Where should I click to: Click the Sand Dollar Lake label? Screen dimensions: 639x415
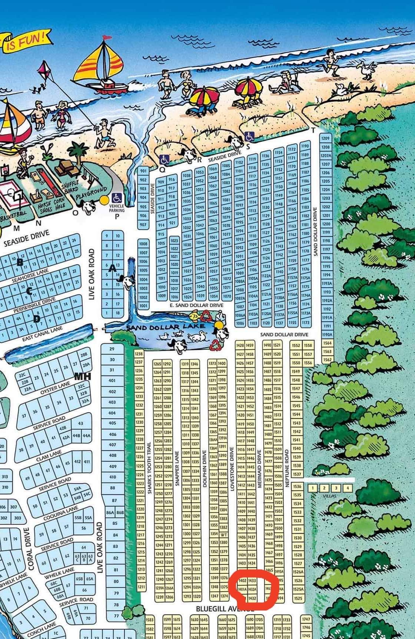click(x=165, y=327)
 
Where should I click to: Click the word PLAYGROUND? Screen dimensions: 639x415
click(x=91, y=192)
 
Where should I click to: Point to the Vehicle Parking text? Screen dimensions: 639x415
click(x=117, y=208)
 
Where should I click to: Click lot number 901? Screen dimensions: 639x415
click(x=143, y=171)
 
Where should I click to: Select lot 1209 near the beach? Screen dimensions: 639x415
click(x=325, y=138)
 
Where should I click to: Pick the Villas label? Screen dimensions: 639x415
click(x=329, y=496)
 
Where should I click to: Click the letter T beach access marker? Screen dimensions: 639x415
click(x=313, y=130)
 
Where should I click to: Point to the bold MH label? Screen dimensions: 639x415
click(x=82, y=377)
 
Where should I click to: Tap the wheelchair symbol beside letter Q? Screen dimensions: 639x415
click(x=164, y=159)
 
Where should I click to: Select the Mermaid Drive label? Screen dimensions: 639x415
click(x=260, y=469)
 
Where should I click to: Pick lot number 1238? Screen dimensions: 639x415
click(x=139, y=354)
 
